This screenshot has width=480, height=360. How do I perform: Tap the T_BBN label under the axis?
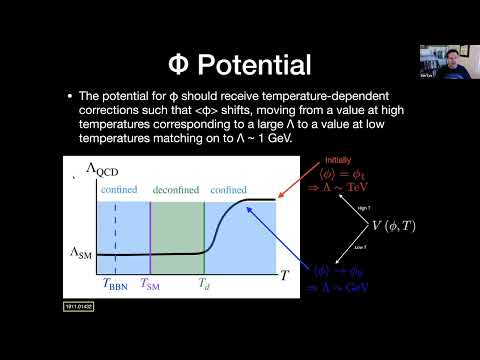118,284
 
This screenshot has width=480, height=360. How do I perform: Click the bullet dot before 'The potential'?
69,95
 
